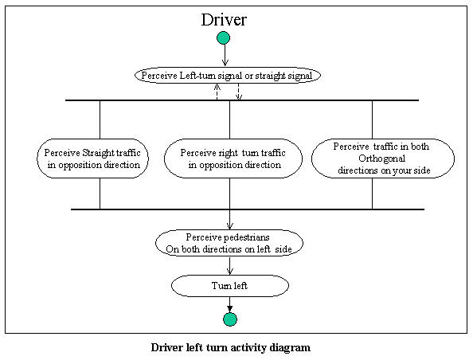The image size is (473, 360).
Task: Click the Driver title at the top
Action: (x=224, y=20)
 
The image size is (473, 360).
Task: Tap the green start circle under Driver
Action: (x=223, y=38)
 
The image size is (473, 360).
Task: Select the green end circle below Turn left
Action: (x=230, y=319)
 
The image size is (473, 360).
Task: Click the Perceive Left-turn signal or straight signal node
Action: (x=228, y=76)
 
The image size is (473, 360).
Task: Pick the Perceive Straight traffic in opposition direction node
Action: (x=93, y=158)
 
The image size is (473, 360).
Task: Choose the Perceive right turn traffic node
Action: (x=233, y=158)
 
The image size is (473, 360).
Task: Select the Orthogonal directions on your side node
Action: (x=383, y=158)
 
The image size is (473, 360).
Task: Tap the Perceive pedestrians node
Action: (x=229, y=243)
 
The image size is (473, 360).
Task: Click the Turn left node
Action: (x=230, y=285)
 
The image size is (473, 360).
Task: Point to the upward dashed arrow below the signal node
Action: (x=217, y=92)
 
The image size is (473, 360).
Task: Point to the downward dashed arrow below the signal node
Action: (x=239, y=92)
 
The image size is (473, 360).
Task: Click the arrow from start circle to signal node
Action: (x=225, y=55)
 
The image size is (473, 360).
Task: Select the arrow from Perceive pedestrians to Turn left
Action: (x=230, y=265)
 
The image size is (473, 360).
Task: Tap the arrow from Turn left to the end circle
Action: (x=230, y=305)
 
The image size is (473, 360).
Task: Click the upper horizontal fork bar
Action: (x=242, y=100)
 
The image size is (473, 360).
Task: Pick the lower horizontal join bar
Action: (x=248, y=209)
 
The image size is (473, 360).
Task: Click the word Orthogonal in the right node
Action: (x=381, y=158)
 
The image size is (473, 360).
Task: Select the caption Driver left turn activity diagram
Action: (x=231, y=347)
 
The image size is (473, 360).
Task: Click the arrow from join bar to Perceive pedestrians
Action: (x=230, y=220)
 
